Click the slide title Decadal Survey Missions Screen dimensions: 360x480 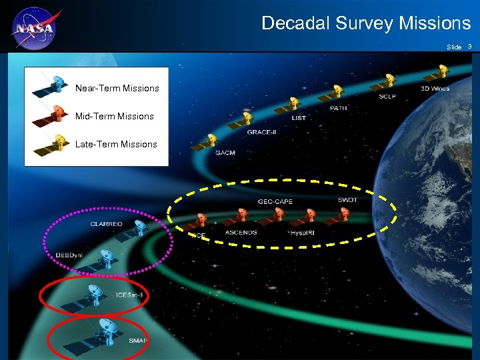coord(366,23)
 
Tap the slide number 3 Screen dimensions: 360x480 coord(470,47)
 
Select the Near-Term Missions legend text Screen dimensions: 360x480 coord(117,88)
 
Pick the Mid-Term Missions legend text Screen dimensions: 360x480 coord(115,116)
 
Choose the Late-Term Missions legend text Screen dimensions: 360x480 coord(116,144)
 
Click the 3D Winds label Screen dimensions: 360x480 coord(435,88)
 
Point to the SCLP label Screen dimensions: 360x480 coord(387,97)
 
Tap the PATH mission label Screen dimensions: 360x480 coord(339,108)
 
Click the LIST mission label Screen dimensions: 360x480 coord(299,118)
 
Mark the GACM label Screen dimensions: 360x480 coord(225,153)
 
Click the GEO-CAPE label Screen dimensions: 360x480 coord(275,202)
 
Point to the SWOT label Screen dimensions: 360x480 coord(347,200)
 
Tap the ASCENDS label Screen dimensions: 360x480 coord(241,233)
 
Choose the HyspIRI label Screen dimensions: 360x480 coord(307,233)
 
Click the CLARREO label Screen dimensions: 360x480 coord(107,224)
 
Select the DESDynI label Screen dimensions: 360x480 coord(69,255)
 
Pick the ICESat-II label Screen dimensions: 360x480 coord(129,295)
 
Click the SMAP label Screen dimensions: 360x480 coord(137,341)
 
